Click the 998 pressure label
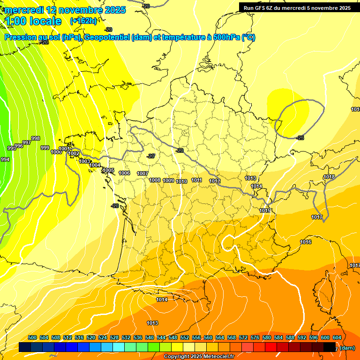36,138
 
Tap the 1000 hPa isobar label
56,152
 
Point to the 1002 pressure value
74,153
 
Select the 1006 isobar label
124,173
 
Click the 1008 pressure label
155,180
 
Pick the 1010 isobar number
182,181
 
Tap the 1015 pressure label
265,210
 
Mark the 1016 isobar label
306,242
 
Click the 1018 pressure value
329,177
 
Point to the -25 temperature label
300,138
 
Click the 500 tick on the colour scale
32,337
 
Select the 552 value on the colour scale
185,337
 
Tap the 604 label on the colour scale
337,337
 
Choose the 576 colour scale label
255,337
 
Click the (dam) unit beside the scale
347,348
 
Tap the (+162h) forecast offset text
83,21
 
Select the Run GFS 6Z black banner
297,7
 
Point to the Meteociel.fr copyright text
199,357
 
